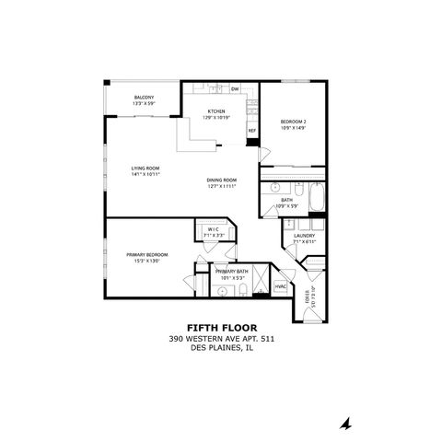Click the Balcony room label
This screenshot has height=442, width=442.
pos(143,97)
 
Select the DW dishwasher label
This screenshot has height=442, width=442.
pos(235,88)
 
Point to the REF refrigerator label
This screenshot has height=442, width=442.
pos(251,131)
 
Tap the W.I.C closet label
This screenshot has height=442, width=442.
pos(213,229)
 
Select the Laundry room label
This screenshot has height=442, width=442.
pos(305,236)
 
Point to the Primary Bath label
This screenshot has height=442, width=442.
pos(231,272)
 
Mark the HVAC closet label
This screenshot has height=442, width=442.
pos(281,288)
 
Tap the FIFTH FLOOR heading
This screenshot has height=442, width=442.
pos(222,327)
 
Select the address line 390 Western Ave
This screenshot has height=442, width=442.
pos(222,338)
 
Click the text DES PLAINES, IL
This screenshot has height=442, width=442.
pos(222,348)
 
